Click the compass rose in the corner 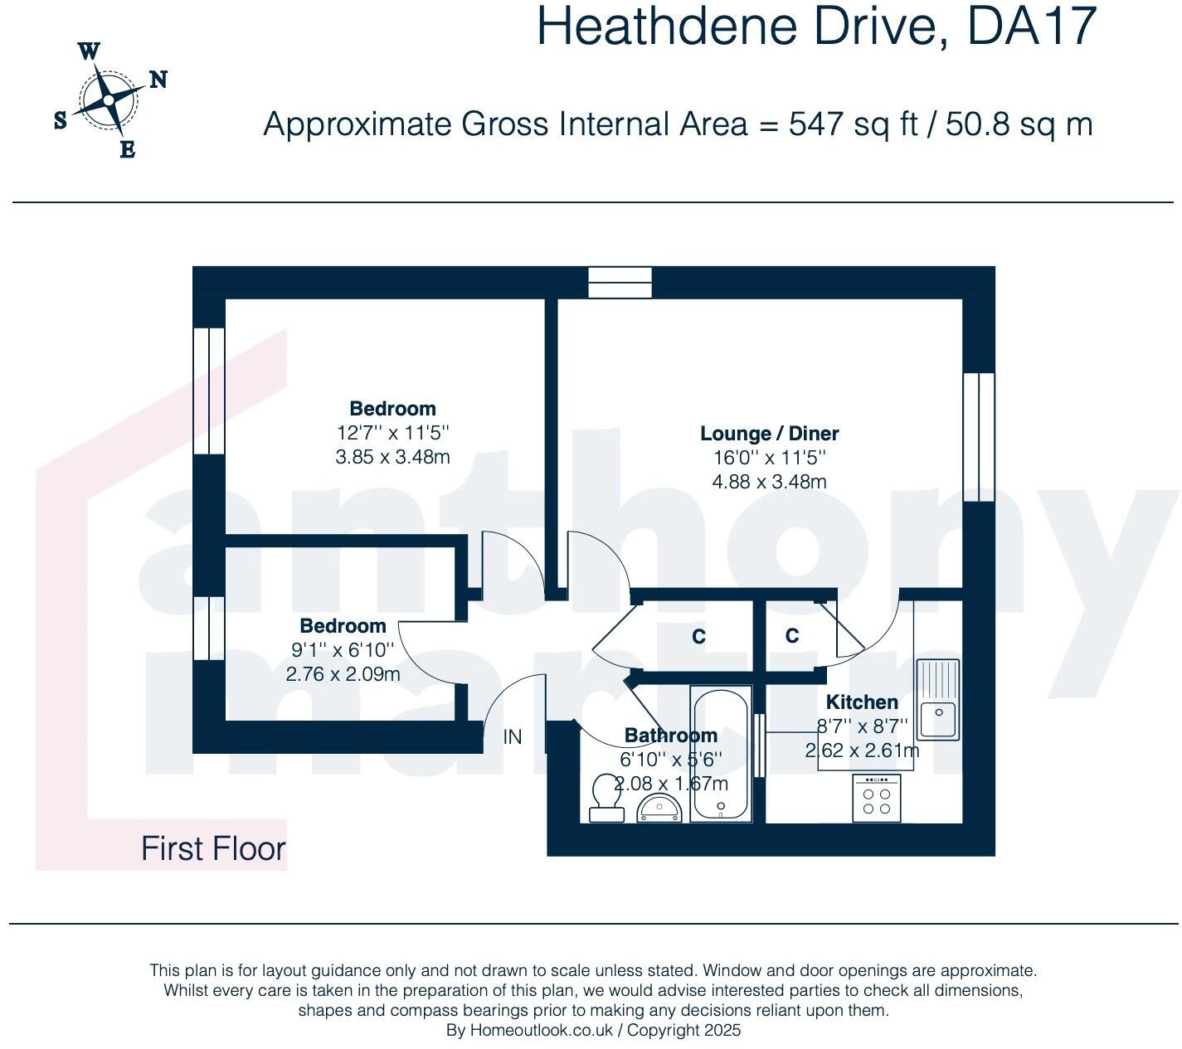108,100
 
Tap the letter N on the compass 158,80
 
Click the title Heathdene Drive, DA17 816,27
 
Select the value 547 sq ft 854,124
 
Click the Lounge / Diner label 769,434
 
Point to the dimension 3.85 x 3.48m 392,456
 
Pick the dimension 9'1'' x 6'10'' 343,650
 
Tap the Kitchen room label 862,702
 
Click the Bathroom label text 670,736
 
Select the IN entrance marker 513,736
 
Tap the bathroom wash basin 659,807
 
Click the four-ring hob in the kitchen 876,798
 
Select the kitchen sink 939,699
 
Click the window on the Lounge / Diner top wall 620,282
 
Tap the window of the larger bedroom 208,391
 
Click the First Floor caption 213,848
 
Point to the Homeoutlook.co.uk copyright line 593,1031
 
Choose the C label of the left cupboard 699,637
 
